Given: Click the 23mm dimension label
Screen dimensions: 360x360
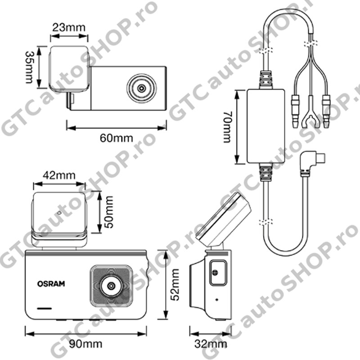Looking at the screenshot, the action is click(x=69, y=27).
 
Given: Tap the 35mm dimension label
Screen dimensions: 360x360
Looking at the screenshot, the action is click(x=29, y=67).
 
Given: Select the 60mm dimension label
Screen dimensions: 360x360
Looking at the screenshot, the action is click(x=116, y=138).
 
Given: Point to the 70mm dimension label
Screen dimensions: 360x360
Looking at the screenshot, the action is click(x=228, y=127).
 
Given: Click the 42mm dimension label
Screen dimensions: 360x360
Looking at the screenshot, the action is click(x=59, y=175).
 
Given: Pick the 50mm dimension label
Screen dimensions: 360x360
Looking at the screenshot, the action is click(x=108, y=212).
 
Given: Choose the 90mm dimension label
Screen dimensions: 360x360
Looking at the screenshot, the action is click(x=85, y=344).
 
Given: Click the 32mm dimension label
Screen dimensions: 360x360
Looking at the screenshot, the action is click(x=211, y=344).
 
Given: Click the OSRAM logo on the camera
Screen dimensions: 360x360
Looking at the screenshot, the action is click(x=51, y=284).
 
